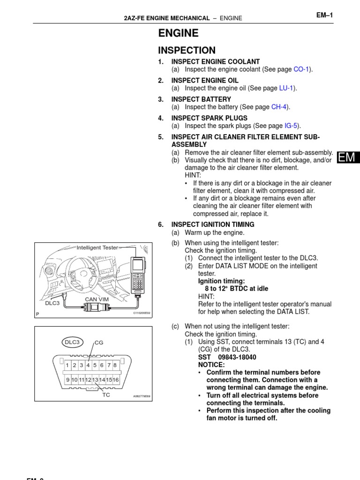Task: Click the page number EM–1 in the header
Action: click(324, 15)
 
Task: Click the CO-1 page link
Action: click(302, 69)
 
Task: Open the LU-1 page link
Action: click(287, 88)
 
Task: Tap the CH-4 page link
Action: click(280, 107)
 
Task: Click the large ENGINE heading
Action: click(179, 33)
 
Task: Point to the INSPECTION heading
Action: click(187, 51)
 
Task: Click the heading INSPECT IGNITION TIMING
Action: click(213, 225)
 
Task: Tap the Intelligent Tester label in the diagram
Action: click(97, 247)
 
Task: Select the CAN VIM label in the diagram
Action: click(97, 299)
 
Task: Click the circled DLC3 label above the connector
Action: click(72, 342)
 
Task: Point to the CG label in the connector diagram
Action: click(99, 343)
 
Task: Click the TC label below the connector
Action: click(106, 395)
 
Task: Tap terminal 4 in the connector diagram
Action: click(88, 365)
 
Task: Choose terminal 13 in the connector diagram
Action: click(95, 380)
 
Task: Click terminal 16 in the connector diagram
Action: click(116, 380)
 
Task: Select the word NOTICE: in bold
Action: click(211, 365)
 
